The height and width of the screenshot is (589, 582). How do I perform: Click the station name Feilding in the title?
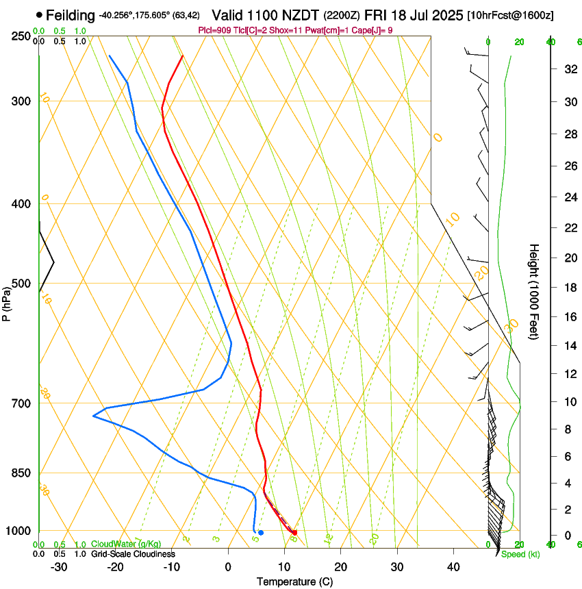[71, 15]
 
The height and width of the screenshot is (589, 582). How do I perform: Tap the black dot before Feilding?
[39, 14]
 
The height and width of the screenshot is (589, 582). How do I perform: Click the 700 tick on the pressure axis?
[21, 403]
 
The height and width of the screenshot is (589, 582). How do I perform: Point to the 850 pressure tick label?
[21, 473]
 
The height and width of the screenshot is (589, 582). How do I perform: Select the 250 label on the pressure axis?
[21, 36]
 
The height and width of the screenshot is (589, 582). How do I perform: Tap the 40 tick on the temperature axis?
[453, 567]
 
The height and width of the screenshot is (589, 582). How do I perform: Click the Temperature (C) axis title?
[294, 582]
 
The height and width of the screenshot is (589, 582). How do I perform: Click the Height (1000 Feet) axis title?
[535, 291]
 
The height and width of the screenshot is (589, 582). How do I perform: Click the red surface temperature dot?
[294, 532]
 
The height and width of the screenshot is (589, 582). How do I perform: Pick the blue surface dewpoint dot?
[261, 532]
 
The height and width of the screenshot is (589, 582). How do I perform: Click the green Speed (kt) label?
[520, 554]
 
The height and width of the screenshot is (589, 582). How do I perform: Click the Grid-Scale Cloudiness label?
[133, 554]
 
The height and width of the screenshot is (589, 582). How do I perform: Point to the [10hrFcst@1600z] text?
[511, 15]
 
